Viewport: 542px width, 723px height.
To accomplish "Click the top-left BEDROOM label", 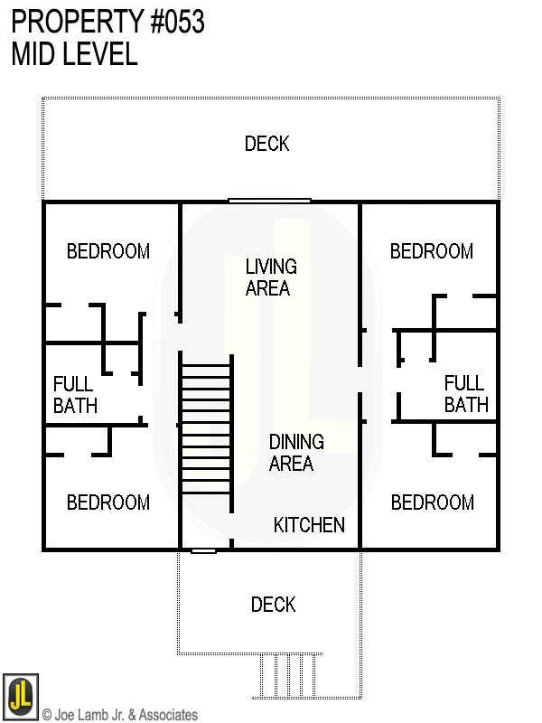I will [x=108, y=251].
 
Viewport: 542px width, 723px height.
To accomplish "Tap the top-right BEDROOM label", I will [x=432, y=251].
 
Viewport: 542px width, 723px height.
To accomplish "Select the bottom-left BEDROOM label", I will [x=108, y=502].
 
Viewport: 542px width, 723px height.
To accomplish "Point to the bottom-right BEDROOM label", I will [x=432, y=502].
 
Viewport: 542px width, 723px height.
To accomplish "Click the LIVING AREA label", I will [x=270, y=277].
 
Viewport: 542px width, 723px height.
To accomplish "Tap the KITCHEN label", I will [x=309, y=525].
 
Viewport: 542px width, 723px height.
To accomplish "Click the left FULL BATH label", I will [x=74, y=395].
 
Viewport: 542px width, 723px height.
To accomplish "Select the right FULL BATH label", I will [x=465, y=394].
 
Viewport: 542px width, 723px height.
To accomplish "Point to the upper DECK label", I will [x=267, y=144].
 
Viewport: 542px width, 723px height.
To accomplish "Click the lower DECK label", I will [x=273, y=605].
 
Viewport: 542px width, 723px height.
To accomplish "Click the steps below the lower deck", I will [x=287, y=673].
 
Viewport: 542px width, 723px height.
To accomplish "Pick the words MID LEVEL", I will [x=74, y=54].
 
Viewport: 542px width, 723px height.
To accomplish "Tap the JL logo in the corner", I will [x=20, y=697].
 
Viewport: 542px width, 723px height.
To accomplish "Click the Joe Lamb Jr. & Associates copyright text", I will [x=120, y=715].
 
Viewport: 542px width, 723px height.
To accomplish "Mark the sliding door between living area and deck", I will [x=269, y=201].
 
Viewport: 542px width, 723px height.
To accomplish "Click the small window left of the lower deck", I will [x=203, y=549].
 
